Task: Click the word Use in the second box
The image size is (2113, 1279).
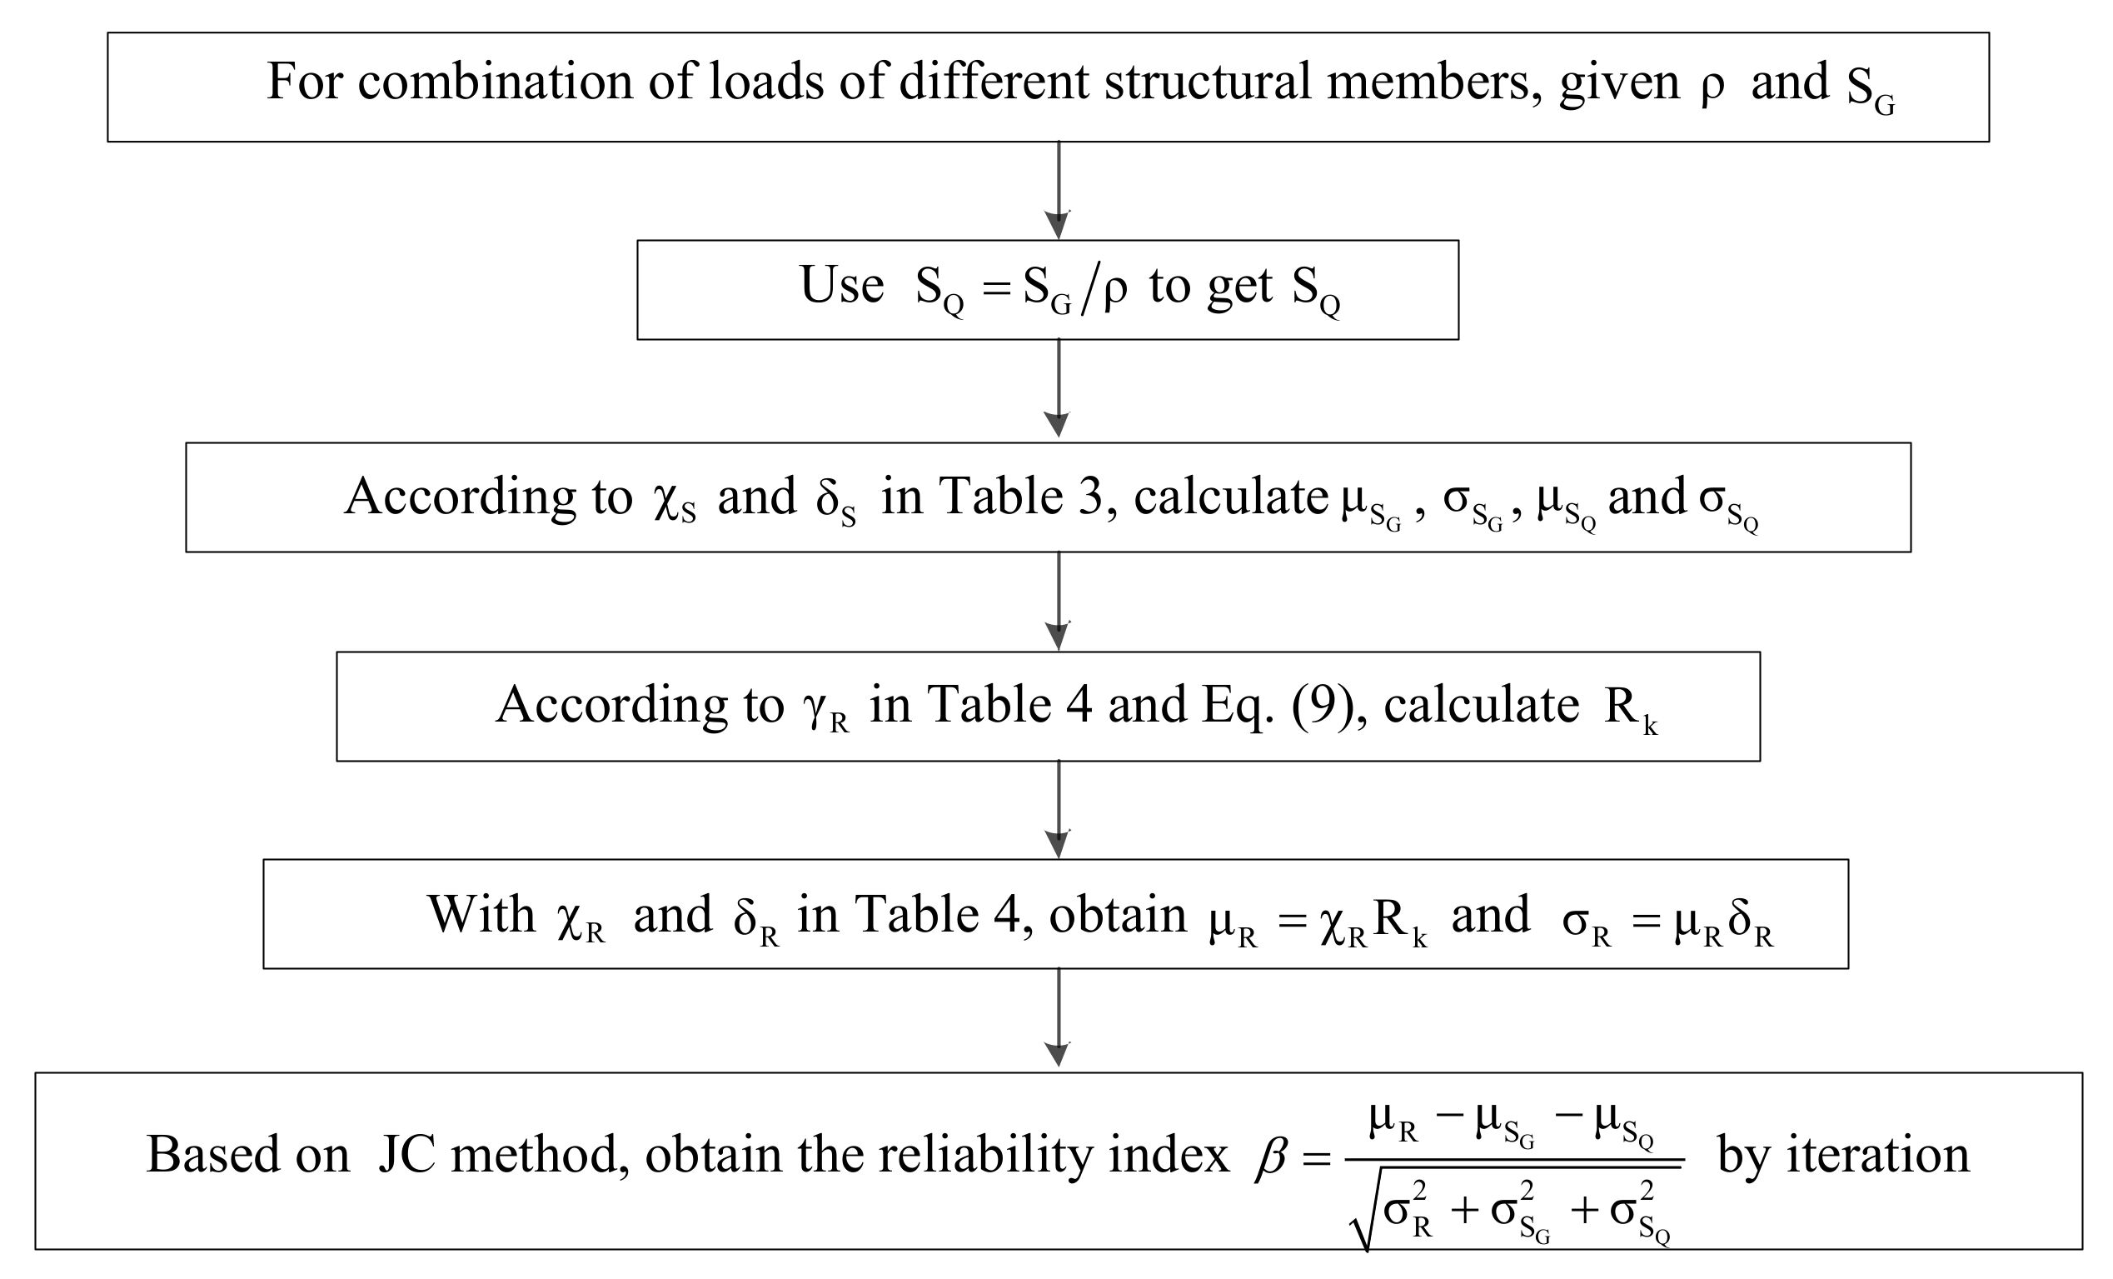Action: point(841,286)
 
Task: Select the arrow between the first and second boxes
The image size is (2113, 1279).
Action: point(1059,191)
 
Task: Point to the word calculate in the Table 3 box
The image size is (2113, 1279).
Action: point(1231,497)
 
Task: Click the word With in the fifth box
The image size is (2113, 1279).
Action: point(481,914)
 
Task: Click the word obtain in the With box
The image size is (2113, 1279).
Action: point(1118,914)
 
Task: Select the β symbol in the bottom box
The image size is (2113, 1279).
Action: point(1271,1157)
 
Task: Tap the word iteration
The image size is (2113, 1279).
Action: point(1877,1155)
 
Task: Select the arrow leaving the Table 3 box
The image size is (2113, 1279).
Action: point(1059,602)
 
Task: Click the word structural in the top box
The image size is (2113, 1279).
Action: point(1207,83)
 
